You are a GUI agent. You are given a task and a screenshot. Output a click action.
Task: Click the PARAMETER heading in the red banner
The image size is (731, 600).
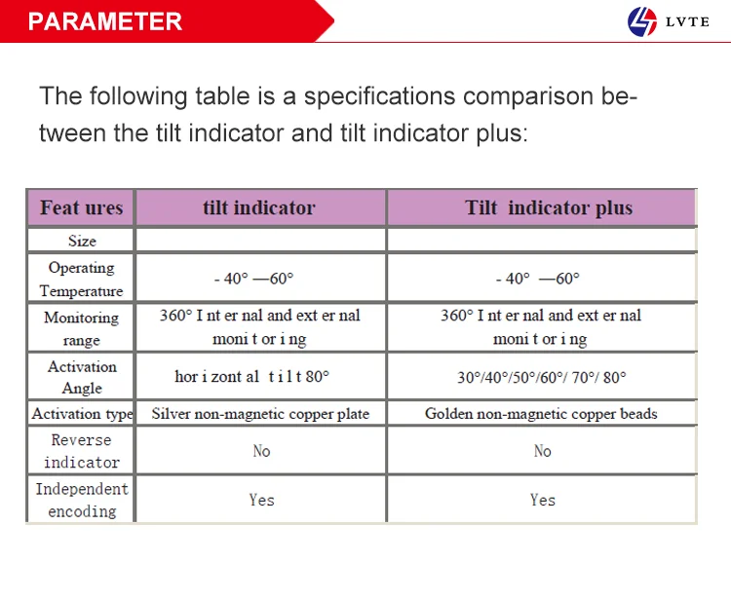point(105,21)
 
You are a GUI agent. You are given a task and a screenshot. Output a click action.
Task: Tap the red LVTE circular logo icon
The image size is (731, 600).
point(643,21)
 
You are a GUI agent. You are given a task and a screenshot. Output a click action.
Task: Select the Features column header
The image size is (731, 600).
point(81,207)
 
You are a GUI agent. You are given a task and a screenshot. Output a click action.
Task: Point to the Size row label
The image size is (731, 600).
point(82,241)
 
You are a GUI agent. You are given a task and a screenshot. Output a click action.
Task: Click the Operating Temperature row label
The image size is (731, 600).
point(81,279)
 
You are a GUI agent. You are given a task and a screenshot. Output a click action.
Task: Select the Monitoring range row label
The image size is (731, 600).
point(81,328)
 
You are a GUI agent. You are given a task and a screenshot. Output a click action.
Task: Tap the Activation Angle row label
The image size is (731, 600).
point(82,377)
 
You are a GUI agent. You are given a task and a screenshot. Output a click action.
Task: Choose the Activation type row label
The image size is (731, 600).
point(82,414)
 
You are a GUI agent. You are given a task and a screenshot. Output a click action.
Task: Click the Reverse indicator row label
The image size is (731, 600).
point(82,451)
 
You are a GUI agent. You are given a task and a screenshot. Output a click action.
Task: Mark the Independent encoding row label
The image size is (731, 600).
point(82,500)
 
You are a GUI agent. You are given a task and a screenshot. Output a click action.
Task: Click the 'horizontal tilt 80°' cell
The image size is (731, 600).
point(252,376)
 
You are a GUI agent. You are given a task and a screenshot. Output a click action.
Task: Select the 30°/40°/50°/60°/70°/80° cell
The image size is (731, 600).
point(541,377)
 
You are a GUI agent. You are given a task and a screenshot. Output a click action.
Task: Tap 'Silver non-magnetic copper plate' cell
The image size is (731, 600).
point(260,414)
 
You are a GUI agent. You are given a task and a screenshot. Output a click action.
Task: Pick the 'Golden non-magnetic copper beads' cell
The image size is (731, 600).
point(541,414)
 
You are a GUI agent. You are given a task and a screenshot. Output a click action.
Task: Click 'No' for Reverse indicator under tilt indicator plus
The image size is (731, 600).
point(542,451)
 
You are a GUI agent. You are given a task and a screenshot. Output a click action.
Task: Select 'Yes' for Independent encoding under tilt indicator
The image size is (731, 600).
point(261,500)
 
